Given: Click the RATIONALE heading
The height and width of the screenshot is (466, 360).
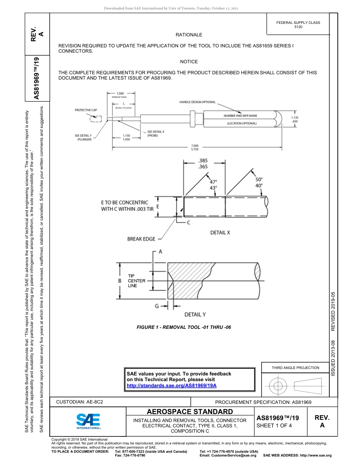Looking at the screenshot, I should (189, 35).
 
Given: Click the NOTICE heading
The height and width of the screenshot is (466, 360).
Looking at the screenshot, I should (189, 62).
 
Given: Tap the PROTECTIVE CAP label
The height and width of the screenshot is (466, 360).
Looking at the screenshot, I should (86, 110).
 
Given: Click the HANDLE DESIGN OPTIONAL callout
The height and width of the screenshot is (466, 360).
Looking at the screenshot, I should (197, 102).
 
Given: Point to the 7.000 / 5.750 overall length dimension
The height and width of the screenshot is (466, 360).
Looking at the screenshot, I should (195, 147).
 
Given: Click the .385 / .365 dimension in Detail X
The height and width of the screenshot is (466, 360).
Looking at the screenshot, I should (203, 164).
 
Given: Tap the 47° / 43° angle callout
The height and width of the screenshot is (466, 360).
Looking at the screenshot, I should (214, 185).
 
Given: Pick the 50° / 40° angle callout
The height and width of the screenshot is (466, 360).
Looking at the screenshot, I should (259, 183).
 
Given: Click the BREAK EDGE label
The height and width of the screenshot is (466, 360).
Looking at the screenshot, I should (141, 239).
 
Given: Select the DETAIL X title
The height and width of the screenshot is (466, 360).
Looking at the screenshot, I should (220, 233).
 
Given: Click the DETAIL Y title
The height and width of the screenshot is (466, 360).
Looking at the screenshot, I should (195, 314).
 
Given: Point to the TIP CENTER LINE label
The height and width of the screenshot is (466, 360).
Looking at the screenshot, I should (136, 281).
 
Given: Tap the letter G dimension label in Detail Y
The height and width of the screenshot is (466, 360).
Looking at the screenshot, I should (157, 306).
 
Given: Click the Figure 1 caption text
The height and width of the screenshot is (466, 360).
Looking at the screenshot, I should (184, 327).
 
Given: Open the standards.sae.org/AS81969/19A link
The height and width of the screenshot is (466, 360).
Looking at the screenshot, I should (171, 385).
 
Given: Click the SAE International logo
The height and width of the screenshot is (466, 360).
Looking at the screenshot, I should (88, 421).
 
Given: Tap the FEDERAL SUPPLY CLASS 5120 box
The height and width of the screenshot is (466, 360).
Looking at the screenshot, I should (298, 25).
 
